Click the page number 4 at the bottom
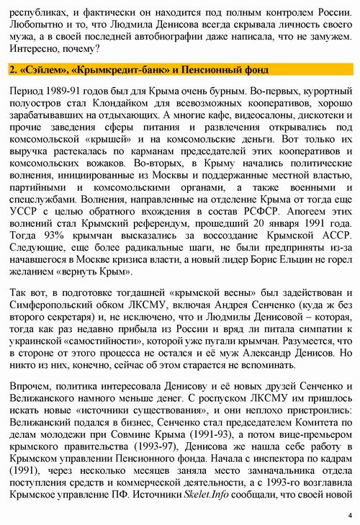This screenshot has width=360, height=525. point(349,515)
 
